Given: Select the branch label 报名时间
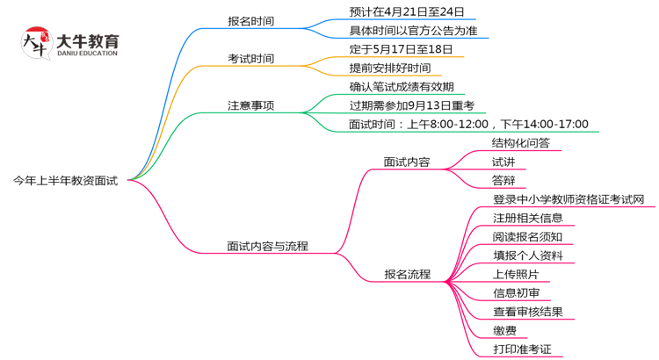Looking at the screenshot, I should (250, 21).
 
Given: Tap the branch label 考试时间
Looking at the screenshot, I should (250, 59).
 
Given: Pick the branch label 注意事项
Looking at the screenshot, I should (250, 105).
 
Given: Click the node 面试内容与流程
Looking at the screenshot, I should (267, 246).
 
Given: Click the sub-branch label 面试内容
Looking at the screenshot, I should (407, 162).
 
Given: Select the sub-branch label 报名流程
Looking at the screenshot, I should (407, 274).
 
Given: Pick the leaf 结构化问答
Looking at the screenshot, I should (521, 143).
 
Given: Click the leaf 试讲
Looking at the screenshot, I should (503, 162).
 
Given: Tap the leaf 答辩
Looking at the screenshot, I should (503, 181).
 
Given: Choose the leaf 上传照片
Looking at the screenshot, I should (516, 274).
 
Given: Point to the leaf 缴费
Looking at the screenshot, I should (504, 330).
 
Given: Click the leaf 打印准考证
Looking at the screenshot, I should (522, 349).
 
